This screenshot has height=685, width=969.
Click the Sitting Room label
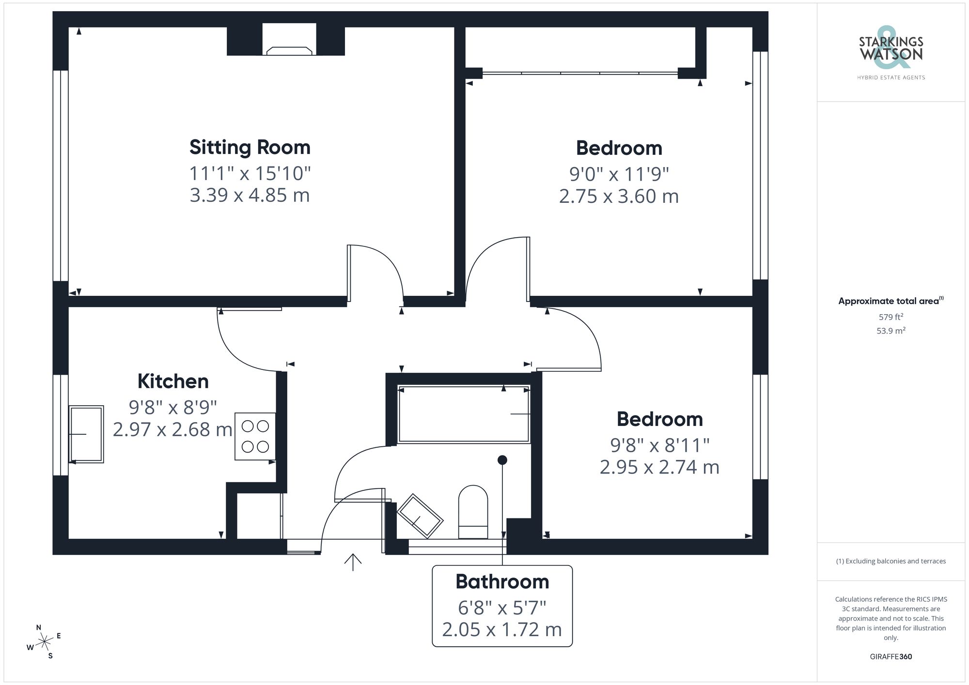coord(250,147)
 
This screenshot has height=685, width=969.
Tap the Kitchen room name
coord(173,381)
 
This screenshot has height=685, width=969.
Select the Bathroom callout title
coord(502,582)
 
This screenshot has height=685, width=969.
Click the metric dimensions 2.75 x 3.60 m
coord(619,197)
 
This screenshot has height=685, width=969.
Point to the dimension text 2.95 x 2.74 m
coord(659,467)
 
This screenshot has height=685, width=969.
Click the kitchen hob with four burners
coord(255,436)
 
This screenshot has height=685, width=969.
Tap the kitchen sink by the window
coord(86,434)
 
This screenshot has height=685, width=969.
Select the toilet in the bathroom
coord(473,512)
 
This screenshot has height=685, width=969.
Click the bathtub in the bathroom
coord(464,414)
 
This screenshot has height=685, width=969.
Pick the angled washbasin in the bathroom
coord(420,516)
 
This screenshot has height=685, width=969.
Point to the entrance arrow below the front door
coord(353,562)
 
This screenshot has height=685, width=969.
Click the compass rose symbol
coord(44,642)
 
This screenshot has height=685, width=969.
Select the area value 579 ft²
coord(891,317)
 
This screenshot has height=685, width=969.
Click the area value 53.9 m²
coord(891,331)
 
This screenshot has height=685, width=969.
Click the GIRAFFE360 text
coord(891,656)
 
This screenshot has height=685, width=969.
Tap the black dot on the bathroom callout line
coord(502,460)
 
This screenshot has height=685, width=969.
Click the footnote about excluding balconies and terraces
coord(891,561)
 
